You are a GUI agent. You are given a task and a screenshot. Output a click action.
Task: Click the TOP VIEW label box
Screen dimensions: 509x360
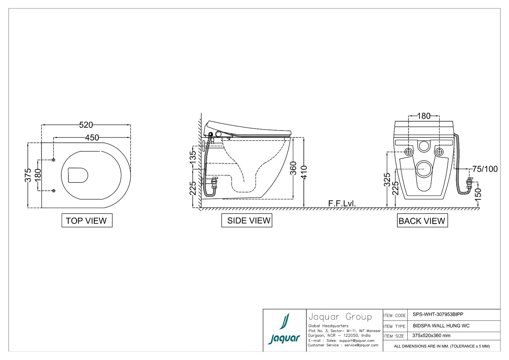[x=87, y=220]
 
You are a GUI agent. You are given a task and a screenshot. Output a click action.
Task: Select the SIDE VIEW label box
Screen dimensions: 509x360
[x=247, y=220]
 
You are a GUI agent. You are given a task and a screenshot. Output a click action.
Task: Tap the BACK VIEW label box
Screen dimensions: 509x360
[x=422, y=220]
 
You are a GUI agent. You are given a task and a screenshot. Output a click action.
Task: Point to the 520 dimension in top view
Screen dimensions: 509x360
[x=86, y=125]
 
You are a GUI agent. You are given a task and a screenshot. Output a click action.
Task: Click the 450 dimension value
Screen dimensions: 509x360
[x=92, y=138]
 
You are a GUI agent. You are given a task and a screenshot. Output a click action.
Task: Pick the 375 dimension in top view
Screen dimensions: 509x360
[x=28, y=175]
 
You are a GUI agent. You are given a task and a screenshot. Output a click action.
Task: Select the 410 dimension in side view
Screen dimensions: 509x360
[x=304, y=173]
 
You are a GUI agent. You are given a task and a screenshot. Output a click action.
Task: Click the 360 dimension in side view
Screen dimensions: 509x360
[x=293, y=168]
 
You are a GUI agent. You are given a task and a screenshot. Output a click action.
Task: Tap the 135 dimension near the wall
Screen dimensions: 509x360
[x=193, y=157]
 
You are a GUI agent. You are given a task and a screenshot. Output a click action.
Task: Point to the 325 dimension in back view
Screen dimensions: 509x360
[x=387, y=180]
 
